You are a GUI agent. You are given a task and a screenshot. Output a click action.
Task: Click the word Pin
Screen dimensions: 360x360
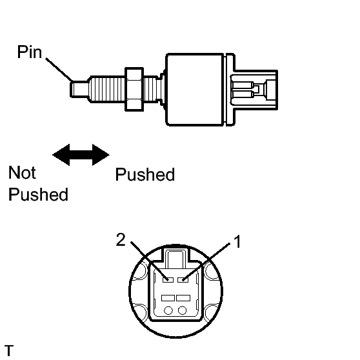pos(30,52)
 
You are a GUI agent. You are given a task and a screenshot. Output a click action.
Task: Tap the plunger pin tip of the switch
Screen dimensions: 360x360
pos(79,89)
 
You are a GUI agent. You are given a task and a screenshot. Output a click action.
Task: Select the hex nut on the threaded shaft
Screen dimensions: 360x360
pos(134,89)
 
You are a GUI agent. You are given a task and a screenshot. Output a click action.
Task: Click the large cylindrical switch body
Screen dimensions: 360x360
pos(195,90)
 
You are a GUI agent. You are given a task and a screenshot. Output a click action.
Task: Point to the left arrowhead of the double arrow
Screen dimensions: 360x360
pos(61,155)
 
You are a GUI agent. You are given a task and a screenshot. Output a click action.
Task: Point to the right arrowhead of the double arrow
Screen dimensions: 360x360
pos(101,155)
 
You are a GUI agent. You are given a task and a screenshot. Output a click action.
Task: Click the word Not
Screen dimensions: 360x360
pos(22,172)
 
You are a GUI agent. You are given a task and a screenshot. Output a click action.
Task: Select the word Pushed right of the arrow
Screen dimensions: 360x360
pos(145,174)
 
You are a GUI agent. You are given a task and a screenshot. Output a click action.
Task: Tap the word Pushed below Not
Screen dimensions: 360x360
pos(38,194)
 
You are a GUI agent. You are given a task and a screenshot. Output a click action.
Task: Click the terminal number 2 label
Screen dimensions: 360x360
pos(121,239)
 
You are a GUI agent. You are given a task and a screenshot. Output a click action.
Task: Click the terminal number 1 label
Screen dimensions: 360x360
pos(237,241)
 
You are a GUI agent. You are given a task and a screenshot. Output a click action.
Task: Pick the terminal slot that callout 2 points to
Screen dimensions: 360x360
pos(168,279)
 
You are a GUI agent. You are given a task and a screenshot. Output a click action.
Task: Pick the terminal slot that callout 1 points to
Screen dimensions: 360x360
pos(183,279)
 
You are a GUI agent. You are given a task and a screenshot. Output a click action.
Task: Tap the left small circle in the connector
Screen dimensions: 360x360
pos(168,310)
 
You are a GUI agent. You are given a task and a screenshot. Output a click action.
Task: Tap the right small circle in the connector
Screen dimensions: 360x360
pos(183,310)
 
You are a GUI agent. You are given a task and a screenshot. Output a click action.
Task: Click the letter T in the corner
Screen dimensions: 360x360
pos(9,350)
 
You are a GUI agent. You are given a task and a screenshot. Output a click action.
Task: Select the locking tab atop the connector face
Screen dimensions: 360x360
pos(175,257)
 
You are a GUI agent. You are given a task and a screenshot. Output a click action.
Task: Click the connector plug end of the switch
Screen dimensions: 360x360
pos(254,90)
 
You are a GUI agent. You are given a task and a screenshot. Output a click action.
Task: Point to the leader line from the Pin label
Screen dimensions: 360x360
pos(59,70)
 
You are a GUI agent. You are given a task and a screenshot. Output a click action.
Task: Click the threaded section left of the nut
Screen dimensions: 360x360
pos(107,89)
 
